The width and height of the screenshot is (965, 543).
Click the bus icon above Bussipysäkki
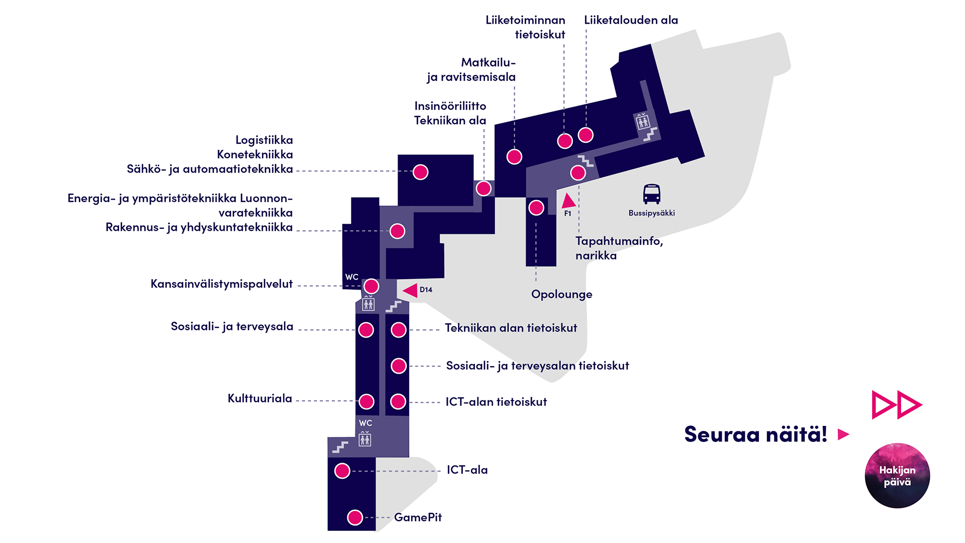pos(652,194)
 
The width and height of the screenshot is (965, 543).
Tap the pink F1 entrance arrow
pos(568,201)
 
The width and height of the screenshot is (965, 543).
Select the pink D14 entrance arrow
pos(410,290)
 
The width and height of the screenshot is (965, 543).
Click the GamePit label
pos(418,517)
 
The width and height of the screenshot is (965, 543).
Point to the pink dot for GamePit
pos(355,517)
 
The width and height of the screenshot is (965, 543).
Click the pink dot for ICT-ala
pos(342,471)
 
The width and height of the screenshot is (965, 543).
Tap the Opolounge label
pos(562,295)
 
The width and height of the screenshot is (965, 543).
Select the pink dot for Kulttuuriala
pos(366,402)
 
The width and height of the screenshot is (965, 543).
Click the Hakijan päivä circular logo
pos(897,476)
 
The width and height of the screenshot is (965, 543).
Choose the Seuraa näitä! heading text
pos(755,434)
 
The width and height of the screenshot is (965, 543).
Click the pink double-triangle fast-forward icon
pos(897,405)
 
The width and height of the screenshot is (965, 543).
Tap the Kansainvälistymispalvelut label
pos(222,284)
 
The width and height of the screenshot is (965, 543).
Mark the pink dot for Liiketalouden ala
pos(586,135)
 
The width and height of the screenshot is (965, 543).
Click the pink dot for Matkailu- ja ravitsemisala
pos(514,157)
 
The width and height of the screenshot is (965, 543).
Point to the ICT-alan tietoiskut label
pos(496,402)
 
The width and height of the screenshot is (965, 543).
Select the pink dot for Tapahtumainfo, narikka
pos(578,173)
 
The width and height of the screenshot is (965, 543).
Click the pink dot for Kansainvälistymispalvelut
pos(371,287)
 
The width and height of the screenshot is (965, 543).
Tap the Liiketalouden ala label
pos(631,20)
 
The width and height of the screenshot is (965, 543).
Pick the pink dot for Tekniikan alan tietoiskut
pos(399,330)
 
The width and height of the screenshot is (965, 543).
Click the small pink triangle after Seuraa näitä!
pos(843,434)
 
